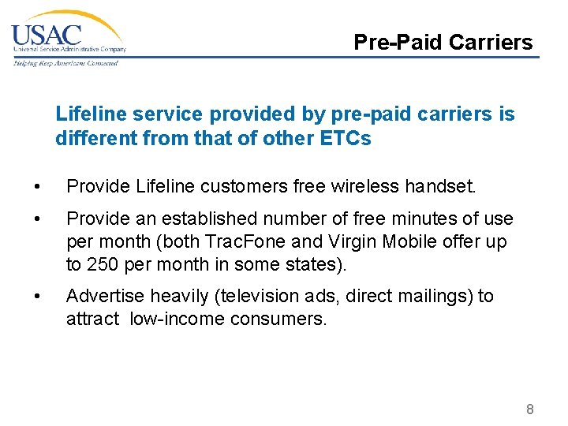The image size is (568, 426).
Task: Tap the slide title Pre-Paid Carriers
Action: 443,42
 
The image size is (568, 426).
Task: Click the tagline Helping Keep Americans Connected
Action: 65,63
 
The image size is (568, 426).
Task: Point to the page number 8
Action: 530,409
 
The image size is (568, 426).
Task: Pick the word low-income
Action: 174,319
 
